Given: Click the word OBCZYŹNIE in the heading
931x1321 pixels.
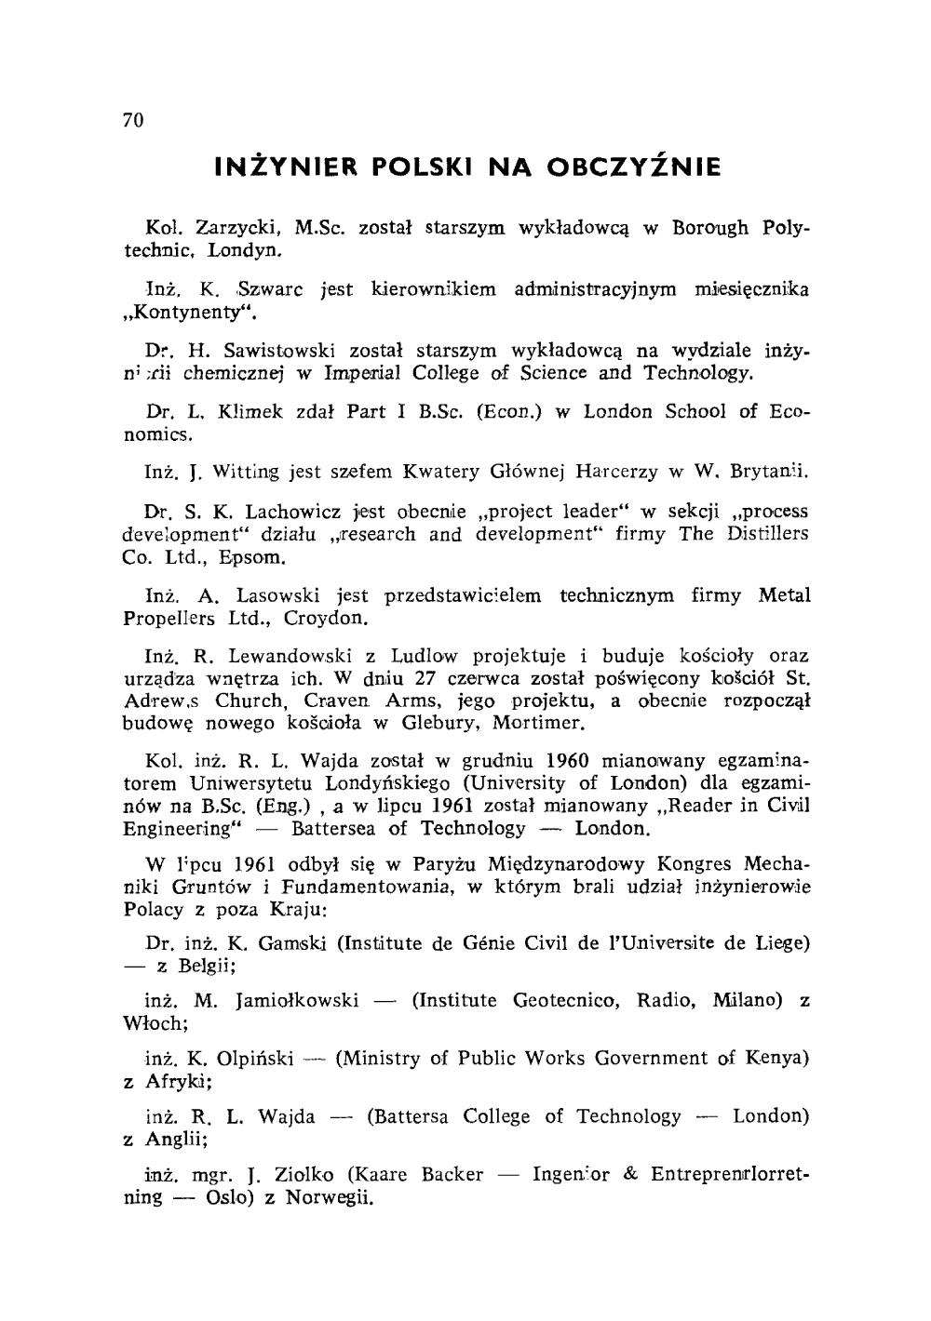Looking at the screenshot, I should pos(640,168).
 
